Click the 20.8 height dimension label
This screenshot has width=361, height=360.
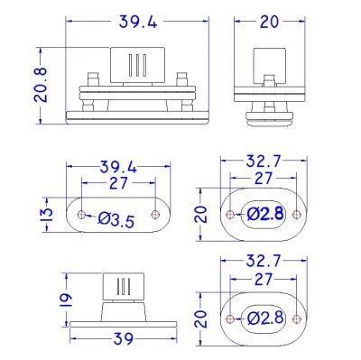click(41, 85)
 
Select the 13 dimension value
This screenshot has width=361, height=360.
click(47, 215)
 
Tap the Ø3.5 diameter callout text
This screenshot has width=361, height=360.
click(116, 220)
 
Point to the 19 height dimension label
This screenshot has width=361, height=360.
click(66, 300)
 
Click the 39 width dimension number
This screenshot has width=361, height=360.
click(124, 339)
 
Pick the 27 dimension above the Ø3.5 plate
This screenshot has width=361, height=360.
click(119, 183)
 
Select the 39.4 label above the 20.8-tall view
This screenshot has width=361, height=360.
click(138, 22)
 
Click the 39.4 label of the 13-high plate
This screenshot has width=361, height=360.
click(118, 167)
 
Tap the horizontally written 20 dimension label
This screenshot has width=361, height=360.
click(269, 22)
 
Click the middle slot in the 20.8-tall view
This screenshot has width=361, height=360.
click(137, 65)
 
